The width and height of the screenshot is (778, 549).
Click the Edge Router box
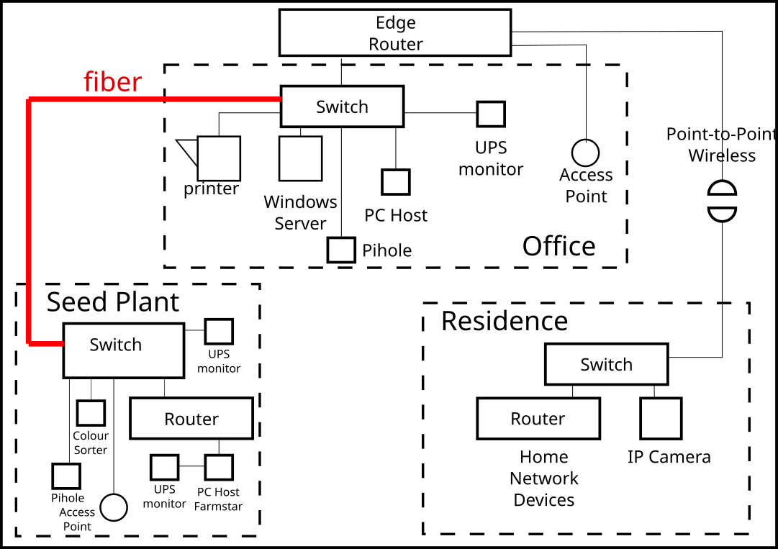pos(395,32)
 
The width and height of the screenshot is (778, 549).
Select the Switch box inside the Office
pos(342,106)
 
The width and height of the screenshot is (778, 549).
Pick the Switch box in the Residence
pos(606,364)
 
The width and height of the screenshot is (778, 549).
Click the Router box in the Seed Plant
pos(191,419)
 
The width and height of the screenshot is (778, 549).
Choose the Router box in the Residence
pos(538,419)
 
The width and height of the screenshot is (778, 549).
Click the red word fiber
pos(113,82)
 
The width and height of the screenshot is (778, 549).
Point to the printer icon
pos(217,158)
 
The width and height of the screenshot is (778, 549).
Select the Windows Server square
pos(300,158)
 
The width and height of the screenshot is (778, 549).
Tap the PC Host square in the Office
pos(396,182)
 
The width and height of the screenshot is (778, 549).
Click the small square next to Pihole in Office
pos(341,250)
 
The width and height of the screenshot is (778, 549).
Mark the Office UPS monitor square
pos(491,114)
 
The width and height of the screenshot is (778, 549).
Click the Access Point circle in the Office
pos(586,153)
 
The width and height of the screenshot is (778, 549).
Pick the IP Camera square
pos(661,419)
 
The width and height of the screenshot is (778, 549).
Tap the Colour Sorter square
pos(91,413)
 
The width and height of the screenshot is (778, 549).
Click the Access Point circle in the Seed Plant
pos(113,507)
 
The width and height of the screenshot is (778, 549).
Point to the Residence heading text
pos(505,321)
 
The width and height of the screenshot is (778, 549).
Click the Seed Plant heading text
pos(113,302)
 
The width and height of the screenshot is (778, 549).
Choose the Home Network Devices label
pos(544,478)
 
